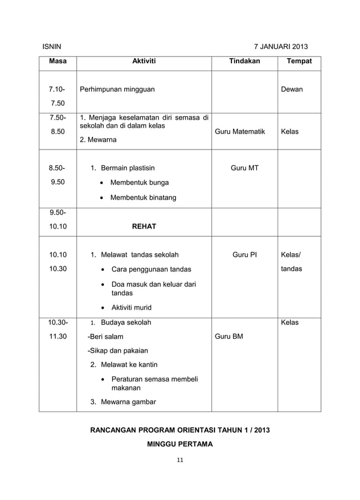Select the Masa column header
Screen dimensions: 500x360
coord(57,61)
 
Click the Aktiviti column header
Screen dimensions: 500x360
coord(144,61)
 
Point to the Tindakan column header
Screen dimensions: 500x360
coord(244,61)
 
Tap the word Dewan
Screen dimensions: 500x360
coord(292,89)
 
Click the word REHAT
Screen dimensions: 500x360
coord(144,226)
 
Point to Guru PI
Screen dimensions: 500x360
coord(245,255)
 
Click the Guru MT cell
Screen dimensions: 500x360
coord(245,168)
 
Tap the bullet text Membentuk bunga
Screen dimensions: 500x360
coord(139,183)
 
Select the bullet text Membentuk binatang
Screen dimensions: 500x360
coord(143,198)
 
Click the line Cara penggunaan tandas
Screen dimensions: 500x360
coord(151,269)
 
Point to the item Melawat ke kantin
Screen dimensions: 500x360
coord(129,365)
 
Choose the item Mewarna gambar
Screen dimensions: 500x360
coord(128,402)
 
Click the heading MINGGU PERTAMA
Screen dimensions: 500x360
coord(180,444)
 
